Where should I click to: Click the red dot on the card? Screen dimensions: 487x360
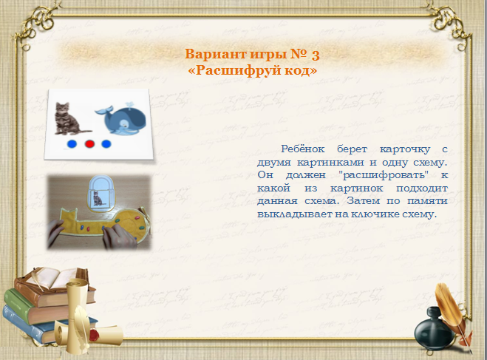89,144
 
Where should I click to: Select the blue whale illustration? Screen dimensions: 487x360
120,120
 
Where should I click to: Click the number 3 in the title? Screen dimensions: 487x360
316,55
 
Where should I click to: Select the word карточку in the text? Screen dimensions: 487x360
405,149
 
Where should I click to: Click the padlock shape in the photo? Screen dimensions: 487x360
101,193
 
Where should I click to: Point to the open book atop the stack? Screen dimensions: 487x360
55,278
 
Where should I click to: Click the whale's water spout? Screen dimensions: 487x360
128,105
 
